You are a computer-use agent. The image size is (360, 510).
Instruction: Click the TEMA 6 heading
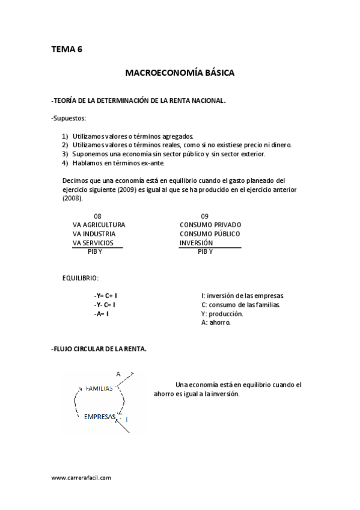[67, 50]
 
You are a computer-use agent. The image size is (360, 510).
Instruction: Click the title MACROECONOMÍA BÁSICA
[180, 73]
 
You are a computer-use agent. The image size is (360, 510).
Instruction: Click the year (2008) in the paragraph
[72, 198]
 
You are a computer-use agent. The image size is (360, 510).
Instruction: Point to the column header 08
[97, 216]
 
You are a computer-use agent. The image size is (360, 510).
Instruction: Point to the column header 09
[204, 216]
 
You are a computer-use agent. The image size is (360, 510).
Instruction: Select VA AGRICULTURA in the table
[99, 225]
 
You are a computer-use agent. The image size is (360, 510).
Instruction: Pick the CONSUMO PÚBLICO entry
[209, 234]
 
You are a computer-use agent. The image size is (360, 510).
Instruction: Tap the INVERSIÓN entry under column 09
[196, 243]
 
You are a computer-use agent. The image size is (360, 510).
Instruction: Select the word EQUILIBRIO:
[81, 278]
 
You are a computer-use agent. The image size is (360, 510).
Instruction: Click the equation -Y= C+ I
[105, 296]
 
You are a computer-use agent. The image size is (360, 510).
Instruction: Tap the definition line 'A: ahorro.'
[216, 322]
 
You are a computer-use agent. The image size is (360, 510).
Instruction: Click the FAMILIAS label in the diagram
[99, 389]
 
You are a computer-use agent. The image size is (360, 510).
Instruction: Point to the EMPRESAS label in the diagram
[99, 416]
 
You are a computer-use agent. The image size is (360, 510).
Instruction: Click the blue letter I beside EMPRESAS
[127, 419]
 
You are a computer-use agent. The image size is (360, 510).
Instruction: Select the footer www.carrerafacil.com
[81, 478]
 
